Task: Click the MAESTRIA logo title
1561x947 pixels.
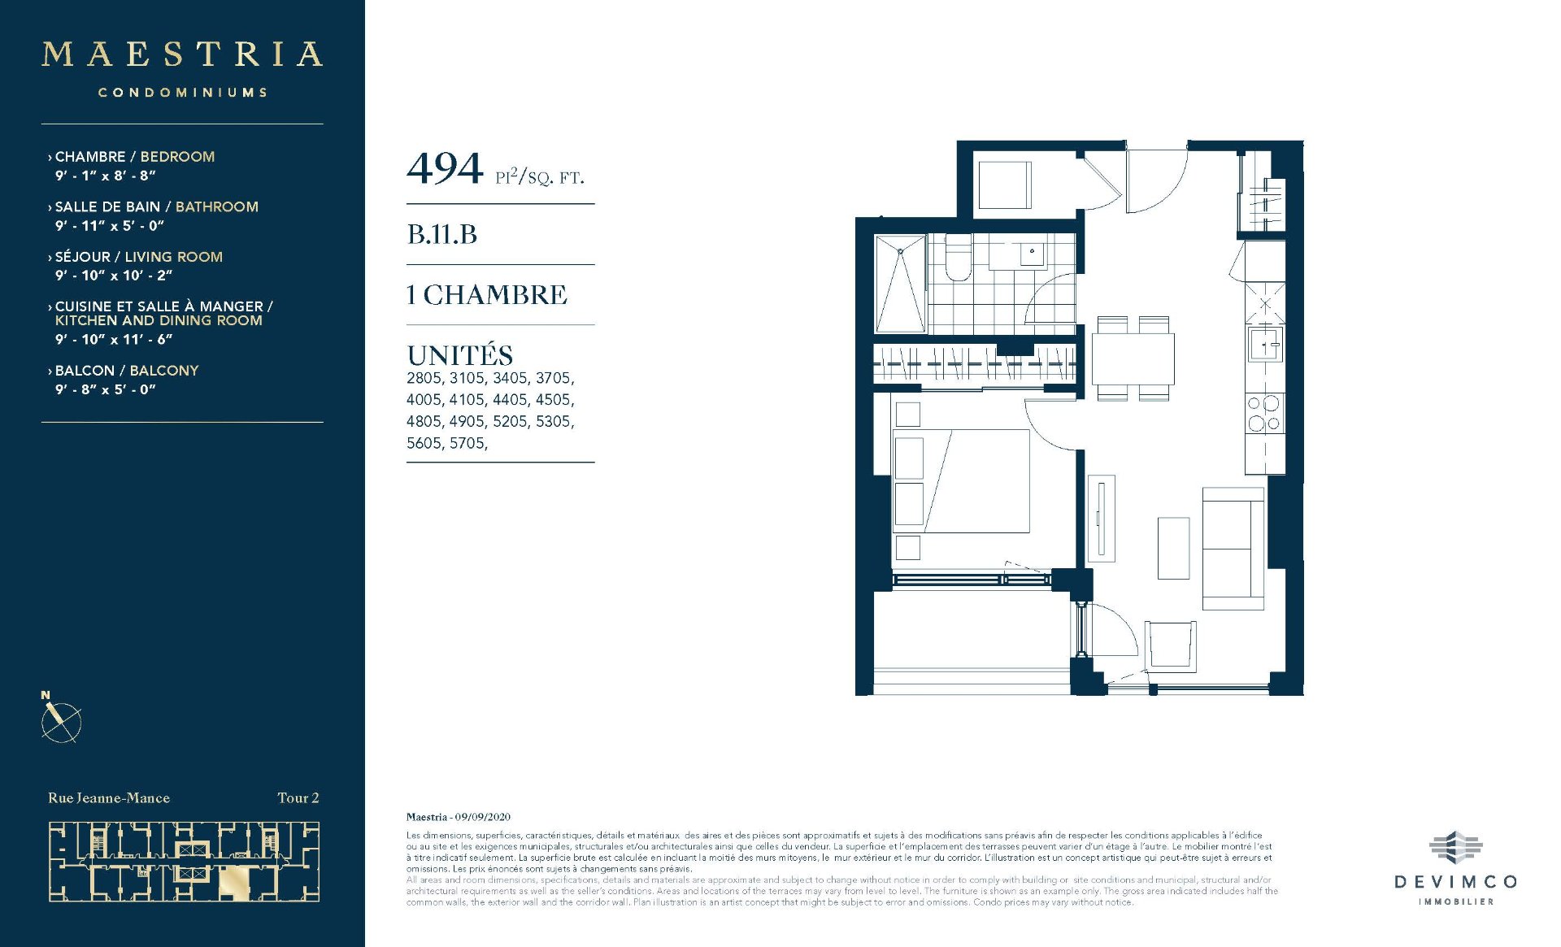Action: click(x=182, y=54)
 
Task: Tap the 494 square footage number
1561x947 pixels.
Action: click(x=445, y=169)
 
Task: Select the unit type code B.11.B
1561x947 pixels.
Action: click(x=442, y=234)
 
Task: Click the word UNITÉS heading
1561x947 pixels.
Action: click(x=460, y=355)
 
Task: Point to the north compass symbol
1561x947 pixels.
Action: click(x=61, y=719)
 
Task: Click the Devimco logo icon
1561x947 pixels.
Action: click(x=1455, y=848)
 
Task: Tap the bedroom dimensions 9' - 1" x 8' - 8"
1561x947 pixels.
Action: click(x=105, y=176)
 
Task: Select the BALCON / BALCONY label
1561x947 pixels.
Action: click(x=127, y=371)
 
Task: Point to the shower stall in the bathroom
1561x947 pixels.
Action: click(x=900, y=283)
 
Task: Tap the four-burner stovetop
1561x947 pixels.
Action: click(x=1264, y=412)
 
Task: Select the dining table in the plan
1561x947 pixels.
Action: click(x=1133, y=358)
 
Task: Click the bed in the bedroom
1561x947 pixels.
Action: click(x=962, y=480)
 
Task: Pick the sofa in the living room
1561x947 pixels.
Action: click(x=1233, y=549)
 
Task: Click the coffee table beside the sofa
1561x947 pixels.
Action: click(x=1173, y=548)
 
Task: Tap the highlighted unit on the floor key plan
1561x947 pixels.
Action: click(x=235, y=883)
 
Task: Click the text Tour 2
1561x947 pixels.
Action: click(x=298, y=798)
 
